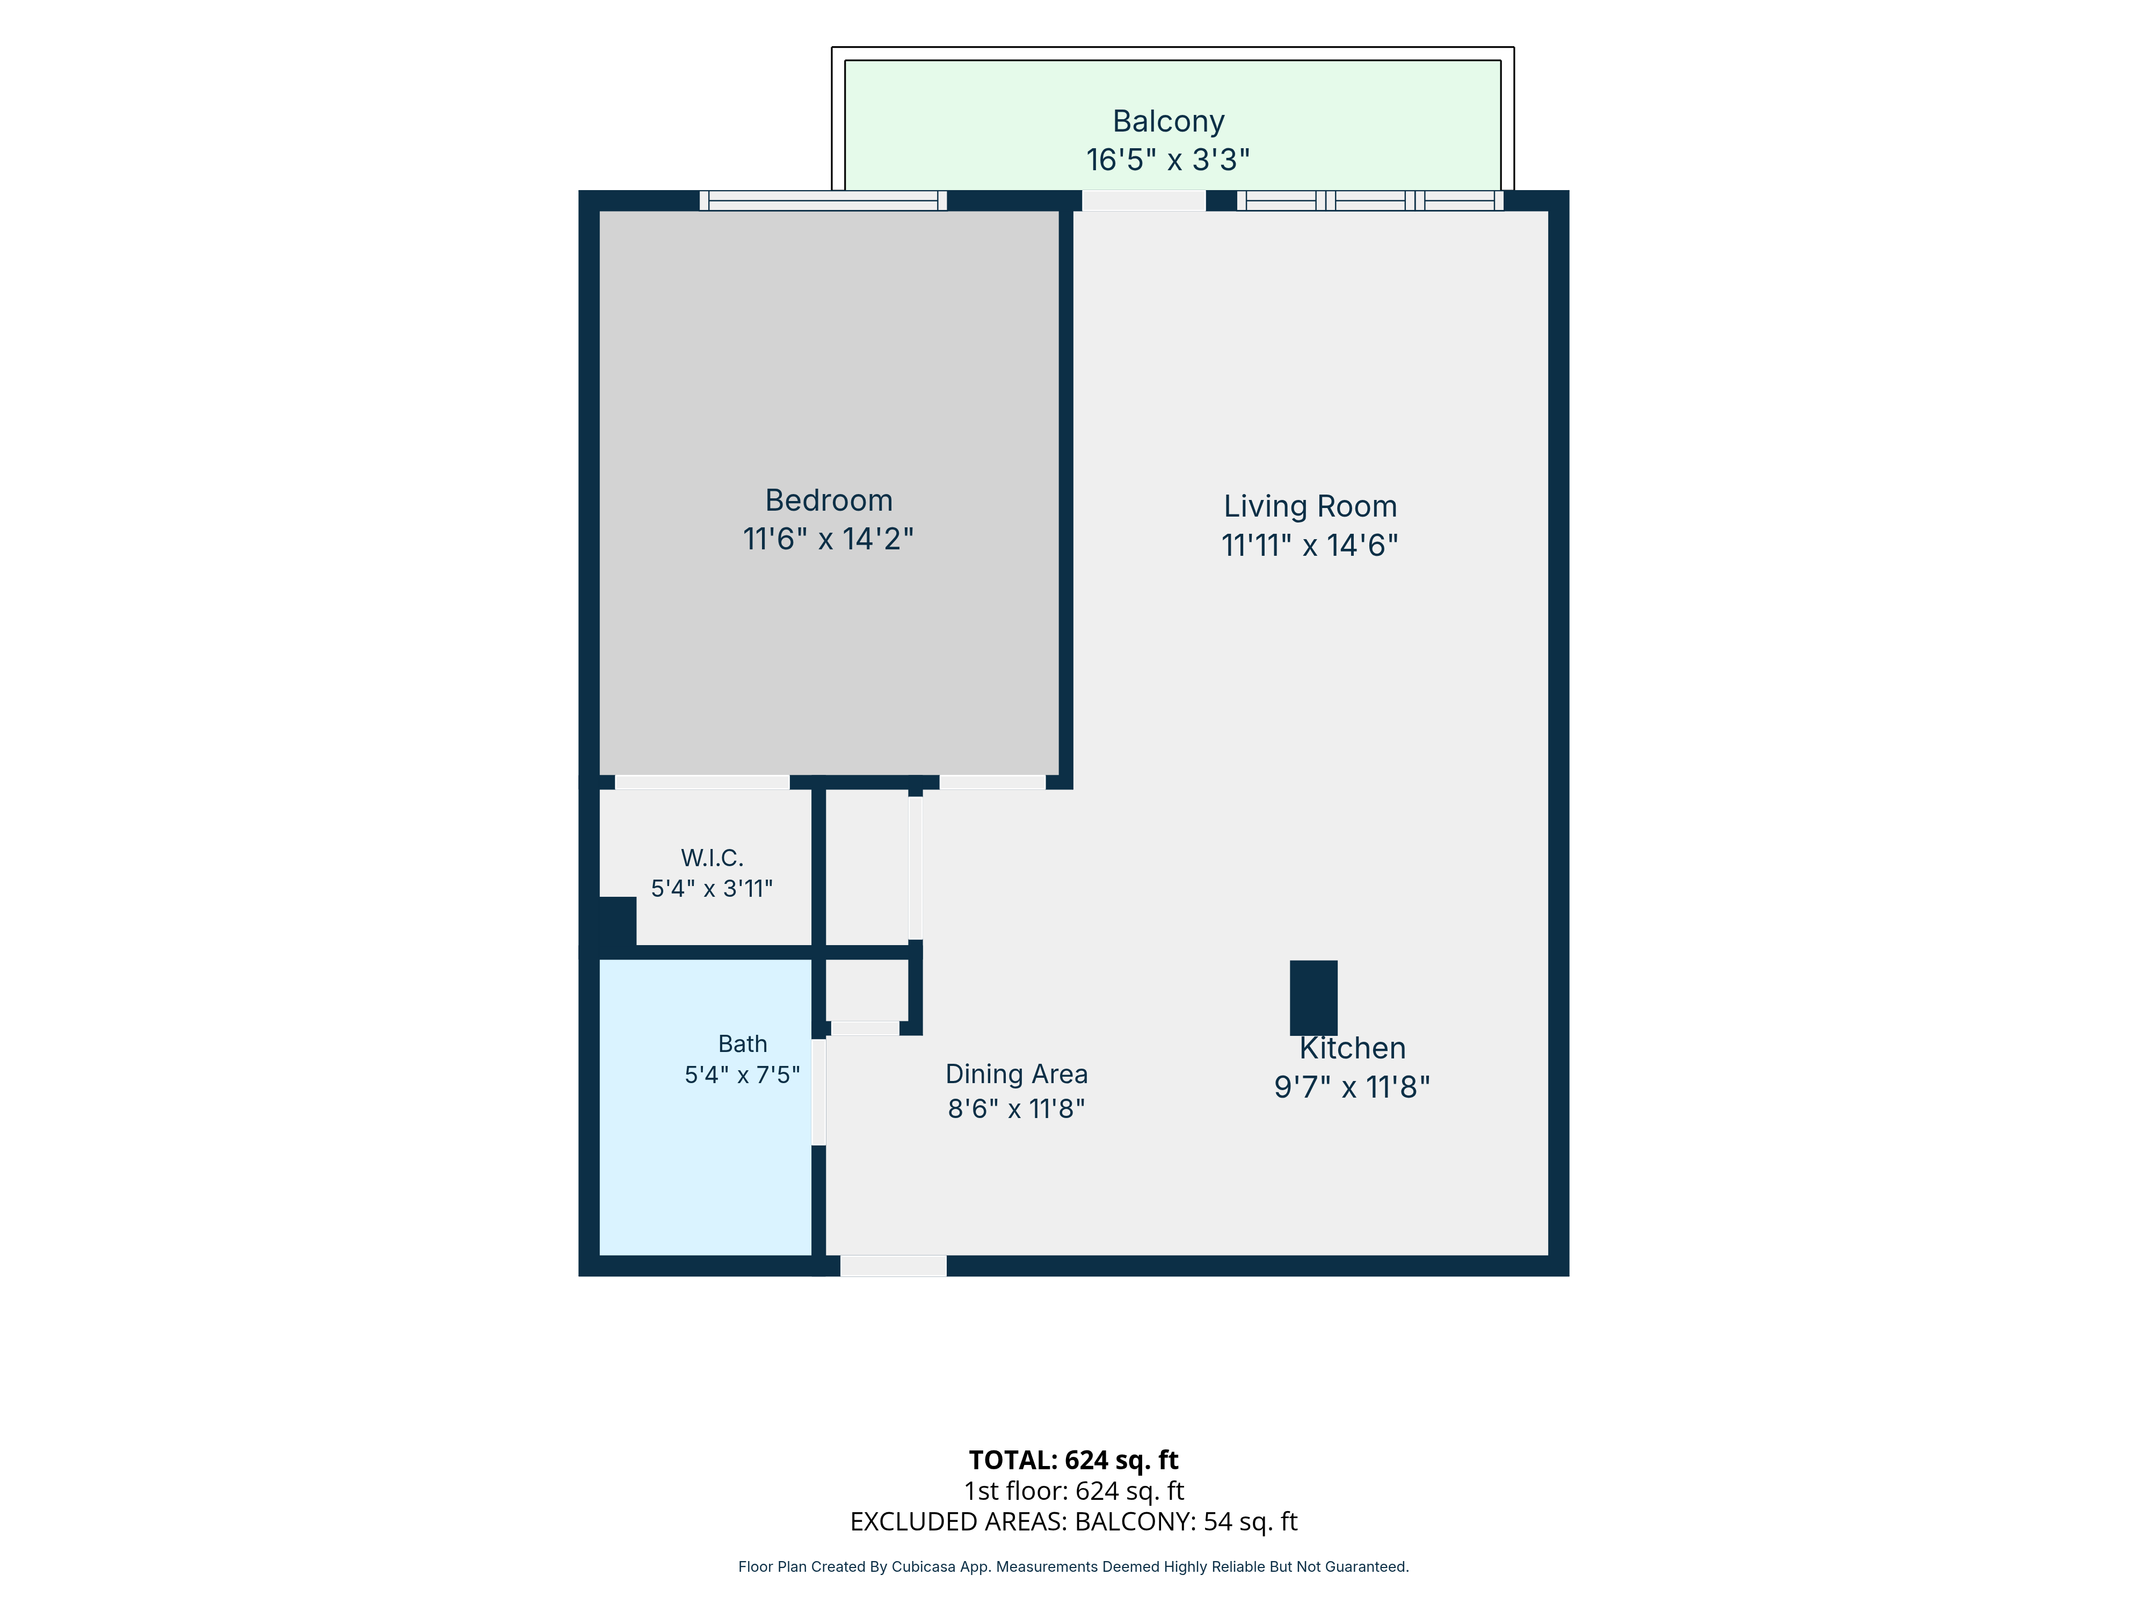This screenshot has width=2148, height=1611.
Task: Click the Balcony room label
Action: [x=1168, y=121]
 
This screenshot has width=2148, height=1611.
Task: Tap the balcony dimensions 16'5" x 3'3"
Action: [x=1167, y=159]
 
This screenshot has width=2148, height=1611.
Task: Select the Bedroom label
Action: [x=828, y=500]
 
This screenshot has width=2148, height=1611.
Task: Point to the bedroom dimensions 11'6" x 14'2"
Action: [x=828, y=539]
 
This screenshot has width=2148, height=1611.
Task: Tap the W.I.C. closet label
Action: [x=712, y=859]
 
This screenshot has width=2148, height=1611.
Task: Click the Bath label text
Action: [x=743, y=1044]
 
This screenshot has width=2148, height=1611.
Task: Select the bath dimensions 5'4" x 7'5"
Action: [x=743, y=1075]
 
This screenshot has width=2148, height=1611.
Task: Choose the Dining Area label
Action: [x=1017, y=1074]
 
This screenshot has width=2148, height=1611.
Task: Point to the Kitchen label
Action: [x=1353, y=1049]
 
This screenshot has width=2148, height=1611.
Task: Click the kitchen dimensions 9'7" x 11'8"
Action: [x=1353, y=1087]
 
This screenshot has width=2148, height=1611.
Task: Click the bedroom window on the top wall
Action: [x=823, y=201]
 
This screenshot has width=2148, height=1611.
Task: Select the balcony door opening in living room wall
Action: [x=1144, y=201]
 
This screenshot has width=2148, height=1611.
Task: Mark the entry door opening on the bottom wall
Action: [x=894, y=1265]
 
